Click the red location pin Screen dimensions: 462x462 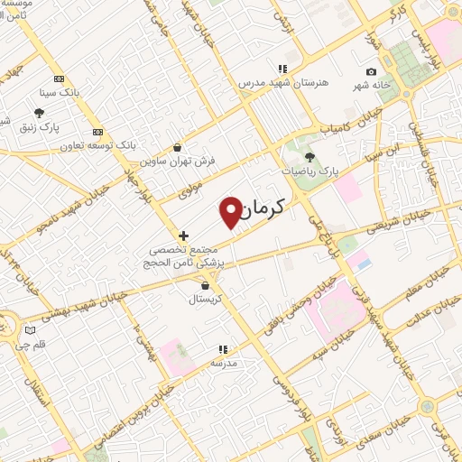(232, 211)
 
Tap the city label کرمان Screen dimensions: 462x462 (263, 208)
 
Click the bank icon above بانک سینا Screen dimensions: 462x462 (60, 79)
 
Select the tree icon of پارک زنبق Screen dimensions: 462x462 (39, 113)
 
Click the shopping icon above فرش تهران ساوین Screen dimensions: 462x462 (177, 148)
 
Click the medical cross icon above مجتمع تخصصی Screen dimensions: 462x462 (183, 236)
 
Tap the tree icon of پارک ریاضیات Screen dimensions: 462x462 (310, 156)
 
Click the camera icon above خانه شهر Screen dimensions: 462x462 (371, 72)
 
